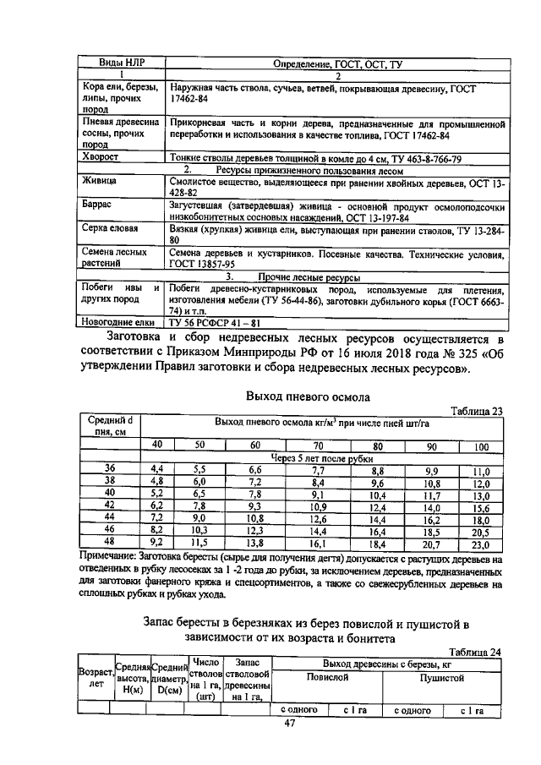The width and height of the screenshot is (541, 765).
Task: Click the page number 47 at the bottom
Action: click(289, 724)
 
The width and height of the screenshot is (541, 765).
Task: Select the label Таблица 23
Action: click(477, 411)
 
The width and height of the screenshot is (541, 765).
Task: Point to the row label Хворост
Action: click(100, 157)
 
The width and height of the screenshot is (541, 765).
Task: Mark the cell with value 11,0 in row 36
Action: click(481, 471)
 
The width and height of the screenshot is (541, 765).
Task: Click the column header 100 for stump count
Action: click(480, 445)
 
